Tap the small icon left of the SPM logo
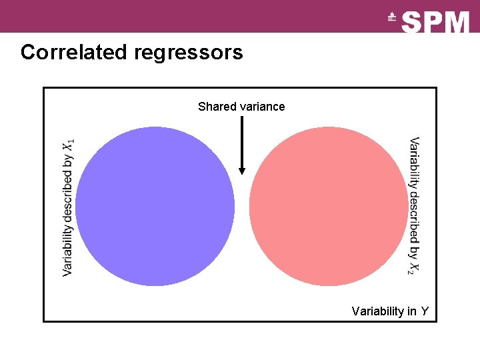click(x=392, y=19)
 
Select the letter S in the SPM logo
click(x=413, y=22)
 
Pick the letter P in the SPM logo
click(x=434, y=22)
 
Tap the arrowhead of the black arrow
click(x=242, y=170)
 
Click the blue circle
click(x=155, y=206)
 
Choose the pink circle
click(x=327, y=206)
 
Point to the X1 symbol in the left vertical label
click(x=69, y=145)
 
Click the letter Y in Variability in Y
click(x=425, y=311)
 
